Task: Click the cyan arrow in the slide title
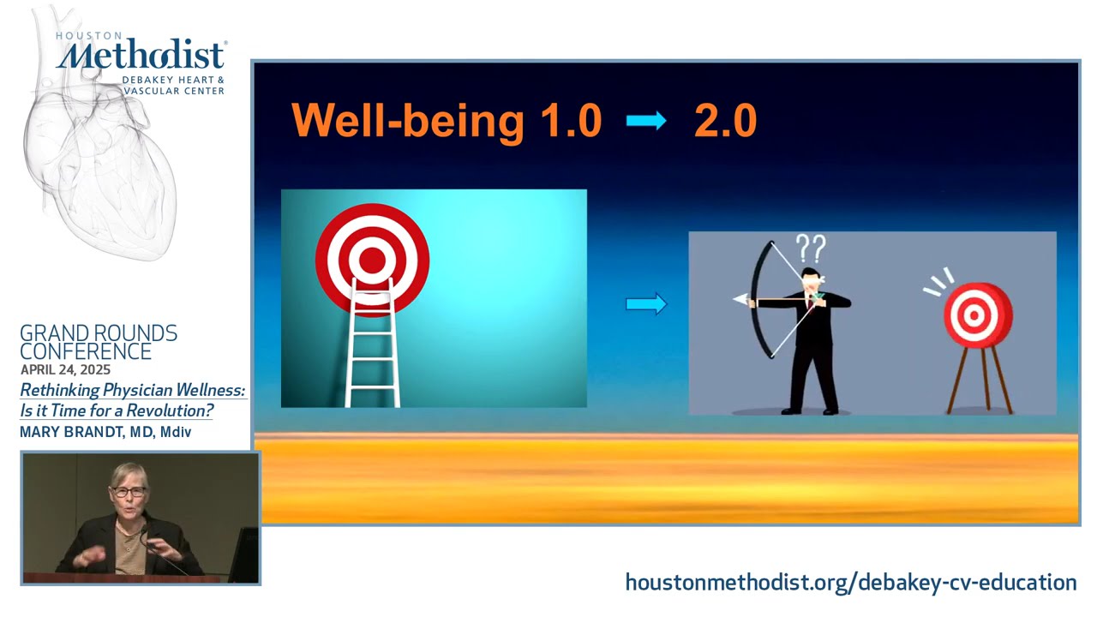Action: coord(646,121)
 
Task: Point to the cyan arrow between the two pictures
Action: coord(646,303)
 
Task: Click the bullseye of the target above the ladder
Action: coord(372,259)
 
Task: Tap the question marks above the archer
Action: coord(810,249)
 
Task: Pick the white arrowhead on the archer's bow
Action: coord(740,300)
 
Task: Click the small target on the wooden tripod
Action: coord(977,315)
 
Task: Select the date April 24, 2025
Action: coord(65,370)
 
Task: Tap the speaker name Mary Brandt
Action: coord(71,432)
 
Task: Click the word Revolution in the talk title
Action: coord(170,410)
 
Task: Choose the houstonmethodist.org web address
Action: coord(850,583)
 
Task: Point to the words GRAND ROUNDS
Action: coord(99,333)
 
